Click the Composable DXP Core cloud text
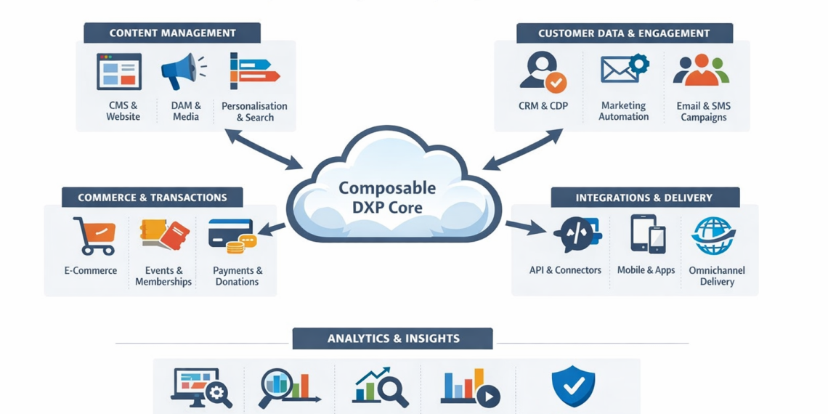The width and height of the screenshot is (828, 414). [387, 197]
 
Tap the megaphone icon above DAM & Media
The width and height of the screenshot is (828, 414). [182, 71]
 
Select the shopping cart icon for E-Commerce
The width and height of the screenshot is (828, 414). [94, 236]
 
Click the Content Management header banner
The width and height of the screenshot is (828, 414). [172, 33]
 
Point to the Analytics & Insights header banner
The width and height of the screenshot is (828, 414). [393, 338]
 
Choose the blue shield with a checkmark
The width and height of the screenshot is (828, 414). [573, 386]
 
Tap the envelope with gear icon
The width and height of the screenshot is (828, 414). [623, 70]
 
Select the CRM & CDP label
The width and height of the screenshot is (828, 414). [543, 106]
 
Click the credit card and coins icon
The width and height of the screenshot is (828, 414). [232, 236]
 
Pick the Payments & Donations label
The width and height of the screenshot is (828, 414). [238, 276]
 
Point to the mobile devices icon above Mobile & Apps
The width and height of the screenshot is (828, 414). [646, 234]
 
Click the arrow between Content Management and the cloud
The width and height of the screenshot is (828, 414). [264, 149]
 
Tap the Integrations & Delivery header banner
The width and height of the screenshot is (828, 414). [644, 198]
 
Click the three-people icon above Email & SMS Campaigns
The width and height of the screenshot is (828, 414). [701, 70]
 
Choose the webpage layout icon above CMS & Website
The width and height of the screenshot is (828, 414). [120, 71]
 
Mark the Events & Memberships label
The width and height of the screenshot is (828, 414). [163, 276]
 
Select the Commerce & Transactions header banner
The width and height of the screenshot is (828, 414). [153, 198]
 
